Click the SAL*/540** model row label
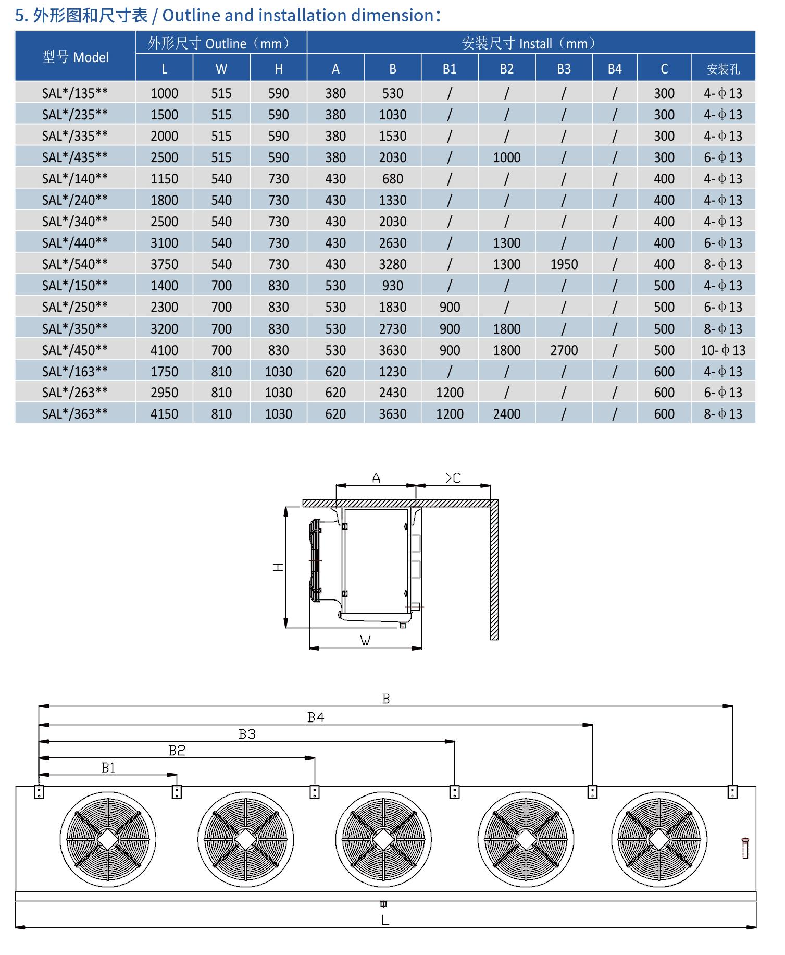click(75, 264)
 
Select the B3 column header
click(564, 69)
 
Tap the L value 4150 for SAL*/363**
click(164, 414)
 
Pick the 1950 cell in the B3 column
click(564, 264)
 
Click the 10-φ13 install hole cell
click(722, 350)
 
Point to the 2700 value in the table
click(564, 350)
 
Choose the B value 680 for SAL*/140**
click(392, 179)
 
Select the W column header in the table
click(221, 69)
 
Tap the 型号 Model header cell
click(76, 57)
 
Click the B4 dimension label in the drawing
click(316, 717)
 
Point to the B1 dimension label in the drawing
click(108, 767)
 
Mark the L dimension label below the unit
click(385, 920)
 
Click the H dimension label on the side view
click(278, 567)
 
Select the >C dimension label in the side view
click(453, 477)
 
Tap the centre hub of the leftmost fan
click(108, 839)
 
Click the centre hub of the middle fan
click(383, 839)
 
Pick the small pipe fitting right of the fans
click(745, 848)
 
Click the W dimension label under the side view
click(365, 641)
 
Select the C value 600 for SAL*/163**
click(664, 372)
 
